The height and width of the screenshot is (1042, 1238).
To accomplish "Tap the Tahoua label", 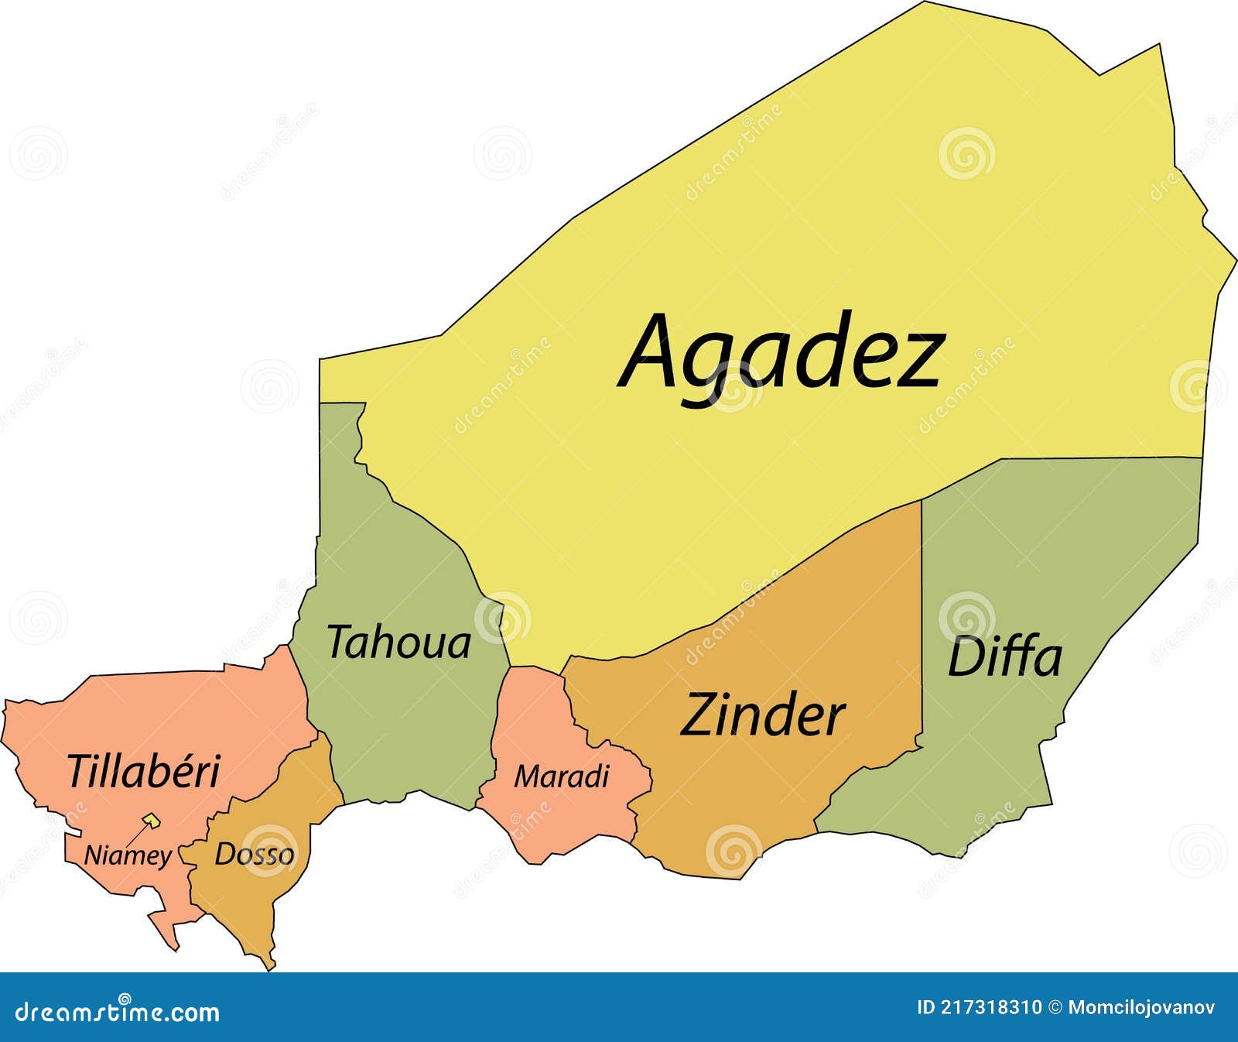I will pos(398,643).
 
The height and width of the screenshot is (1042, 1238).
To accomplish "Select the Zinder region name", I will pos(762,715).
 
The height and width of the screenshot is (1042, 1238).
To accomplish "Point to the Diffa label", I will pos(1004,657).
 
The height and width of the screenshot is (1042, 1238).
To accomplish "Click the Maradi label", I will pos(562,776).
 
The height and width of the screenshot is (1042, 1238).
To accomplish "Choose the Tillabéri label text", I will pos(143,771).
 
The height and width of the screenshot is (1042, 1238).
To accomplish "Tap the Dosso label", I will pos(254,854).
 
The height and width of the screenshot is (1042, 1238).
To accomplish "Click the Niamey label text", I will pos(128,855).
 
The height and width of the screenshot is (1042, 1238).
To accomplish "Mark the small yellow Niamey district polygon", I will pos(152,821).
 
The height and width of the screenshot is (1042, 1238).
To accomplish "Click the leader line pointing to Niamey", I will pos(137,835).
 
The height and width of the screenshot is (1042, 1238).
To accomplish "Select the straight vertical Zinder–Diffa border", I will pos(922,619).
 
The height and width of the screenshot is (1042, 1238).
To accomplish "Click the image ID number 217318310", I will pos(991,1007).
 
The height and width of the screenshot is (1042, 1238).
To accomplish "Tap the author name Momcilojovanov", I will pos(1141,1007).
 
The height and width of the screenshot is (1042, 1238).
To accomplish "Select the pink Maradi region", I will pos(542,821).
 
